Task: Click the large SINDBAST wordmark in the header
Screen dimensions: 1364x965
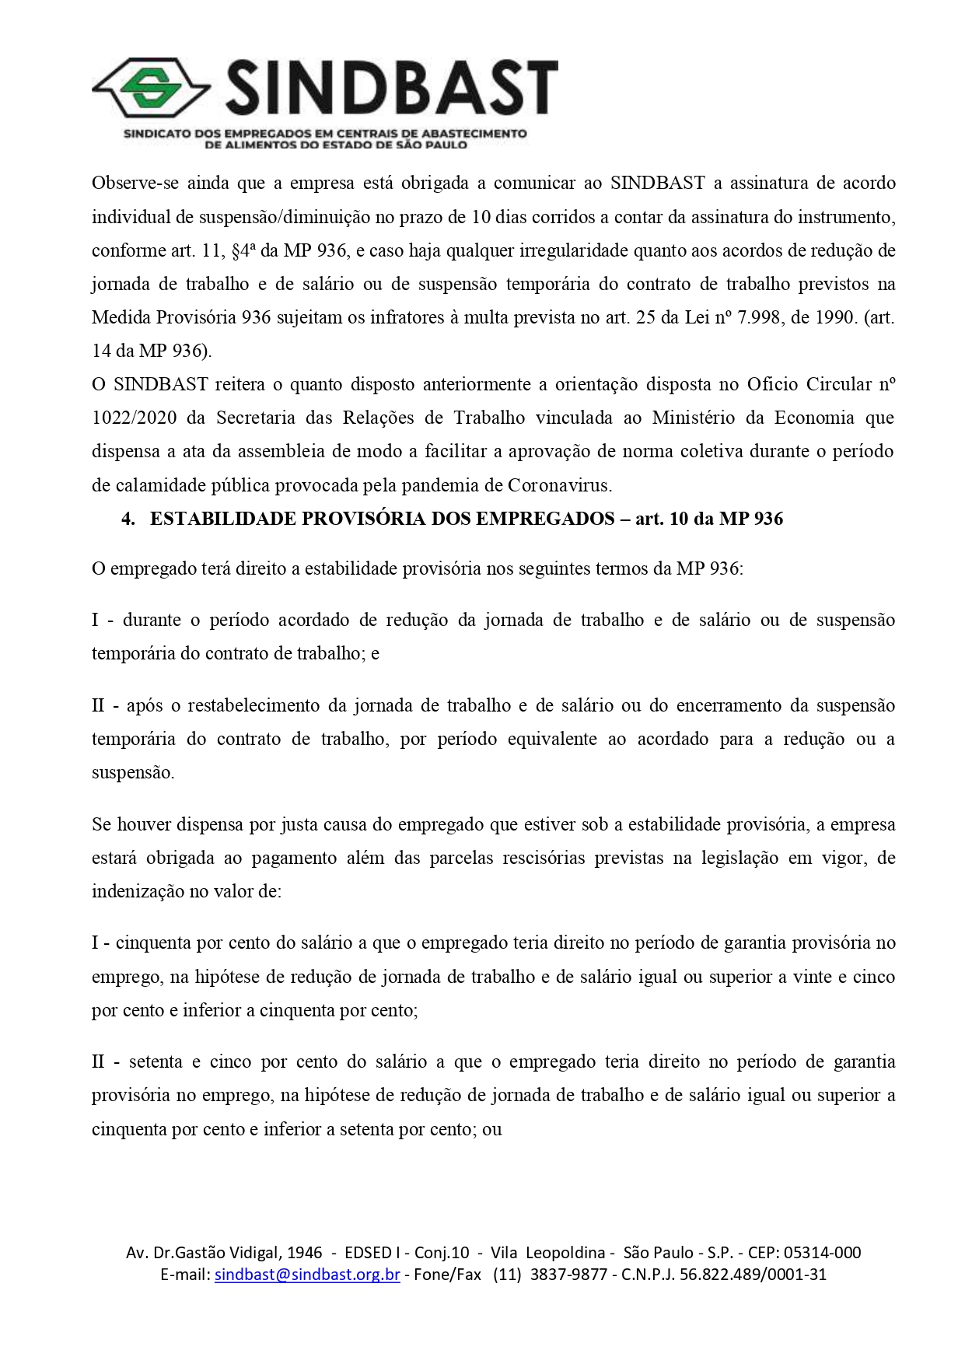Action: click(x=391, y=89)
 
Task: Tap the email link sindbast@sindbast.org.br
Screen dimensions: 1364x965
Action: click(x=307, y=1275)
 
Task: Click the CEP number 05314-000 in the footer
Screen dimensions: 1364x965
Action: click(x=822, y=1253)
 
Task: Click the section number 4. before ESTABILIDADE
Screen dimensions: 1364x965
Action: click(x=128, y=519)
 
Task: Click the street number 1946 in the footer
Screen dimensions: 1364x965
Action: click(x=305, y=1253)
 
